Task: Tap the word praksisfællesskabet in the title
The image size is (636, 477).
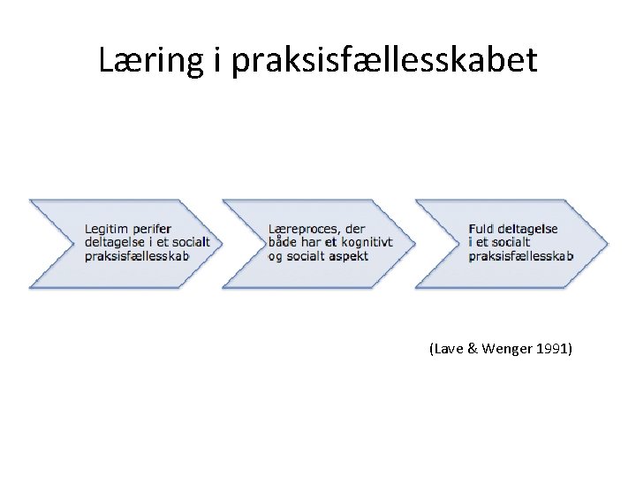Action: (384, 62)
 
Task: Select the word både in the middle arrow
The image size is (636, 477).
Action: (284, 243)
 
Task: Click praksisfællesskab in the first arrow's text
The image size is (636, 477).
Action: (137, 256)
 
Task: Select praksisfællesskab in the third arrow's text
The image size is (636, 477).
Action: (521, 256)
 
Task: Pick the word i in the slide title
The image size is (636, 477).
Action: (216, 60)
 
